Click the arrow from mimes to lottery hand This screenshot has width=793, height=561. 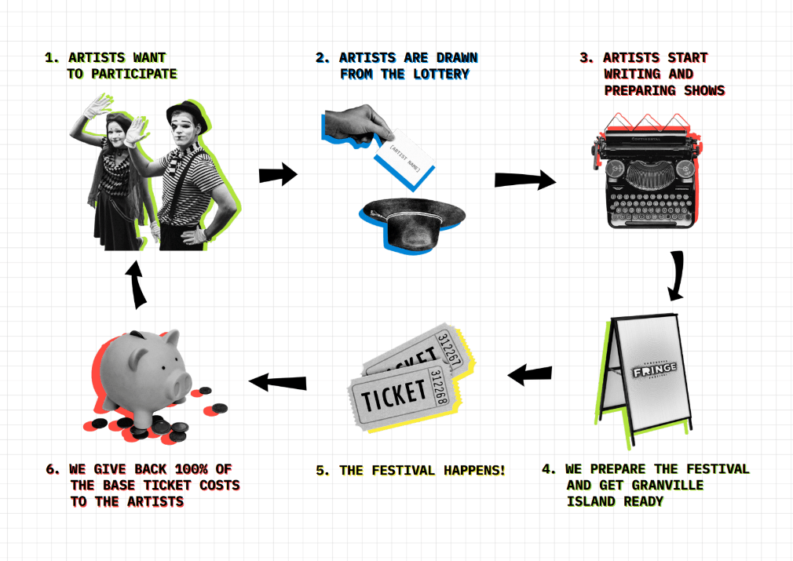278,174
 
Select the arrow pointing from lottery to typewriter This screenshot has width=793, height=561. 524,180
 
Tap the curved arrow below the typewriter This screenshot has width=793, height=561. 676,276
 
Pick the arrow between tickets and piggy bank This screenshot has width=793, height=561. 277,382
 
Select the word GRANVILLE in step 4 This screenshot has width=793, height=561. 670,485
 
